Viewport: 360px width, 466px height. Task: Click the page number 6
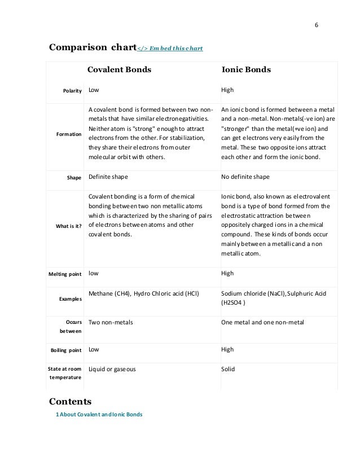[315, 26]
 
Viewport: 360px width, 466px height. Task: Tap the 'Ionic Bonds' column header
[246, 71]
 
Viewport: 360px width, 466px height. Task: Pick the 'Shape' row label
[74, 177]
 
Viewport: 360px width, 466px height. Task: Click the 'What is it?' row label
[69, 227]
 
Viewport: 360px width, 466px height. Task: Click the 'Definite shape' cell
[108, 177]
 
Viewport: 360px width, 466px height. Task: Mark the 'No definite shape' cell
[245, 177]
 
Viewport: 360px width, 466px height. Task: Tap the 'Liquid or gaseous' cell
[112, 370]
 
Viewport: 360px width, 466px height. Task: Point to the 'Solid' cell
[228, 370]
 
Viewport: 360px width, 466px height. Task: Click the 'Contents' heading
[71, 402]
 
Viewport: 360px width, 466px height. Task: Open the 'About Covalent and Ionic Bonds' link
[99, 415]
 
